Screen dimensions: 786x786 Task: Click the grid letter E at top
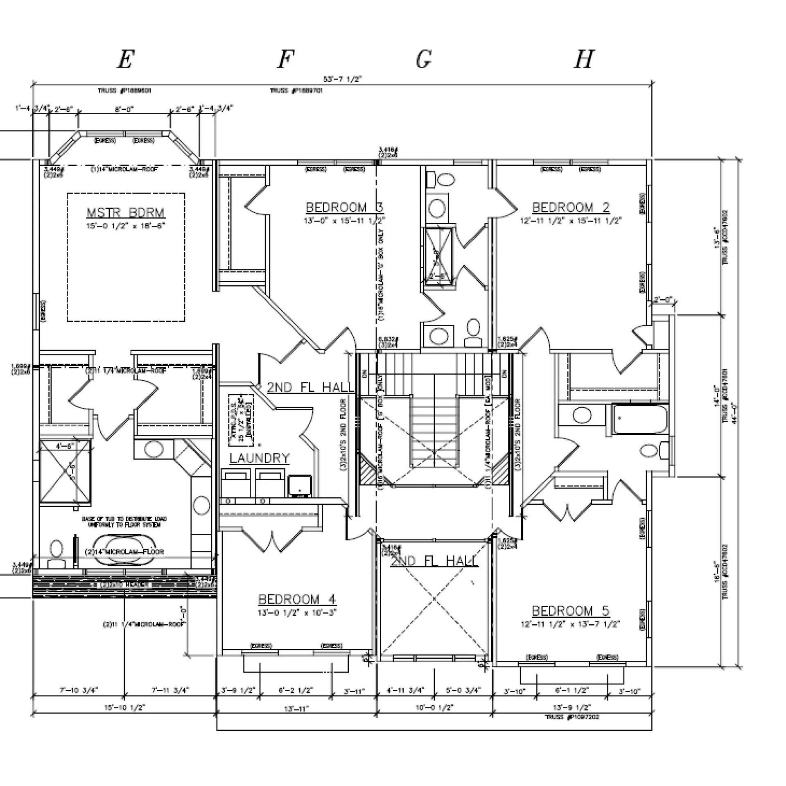[125, 60]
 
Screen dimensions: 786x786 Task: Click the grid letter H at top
[583, 60]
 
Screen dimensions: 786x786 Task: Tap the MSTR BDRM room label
[126, 213]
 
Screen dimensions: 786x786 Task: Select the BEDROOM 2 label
[571, 208]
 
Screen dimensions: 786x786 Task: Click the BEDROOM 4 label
[297, 600]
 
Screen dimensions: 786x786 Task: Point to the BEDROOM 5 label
[571, 611]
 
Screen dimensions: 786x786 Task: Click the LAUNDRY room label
[260, 458]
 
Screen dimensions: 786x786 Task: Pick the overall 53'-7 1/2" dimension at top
[342, 79]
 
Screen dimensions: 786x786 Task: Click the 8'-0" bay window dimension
[124, 109]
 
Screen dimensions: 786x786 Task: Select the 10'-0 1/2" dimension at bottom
[435, 707]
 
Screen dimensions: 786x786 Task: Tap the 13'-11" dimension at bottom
[296, 707]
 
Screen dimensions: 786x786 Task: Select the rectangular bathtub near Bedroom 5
[639, 419]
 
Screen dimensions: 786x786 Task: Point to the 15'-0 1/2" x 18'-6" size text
[126, 226]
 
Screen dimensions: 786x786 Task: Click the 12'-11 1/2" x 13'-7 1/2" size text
[571, 624]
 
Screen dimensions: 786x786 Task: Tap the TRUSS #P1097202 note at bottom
[572, 717]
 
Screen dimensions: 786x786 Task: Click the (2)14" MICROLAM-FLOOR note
[124, 552]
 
